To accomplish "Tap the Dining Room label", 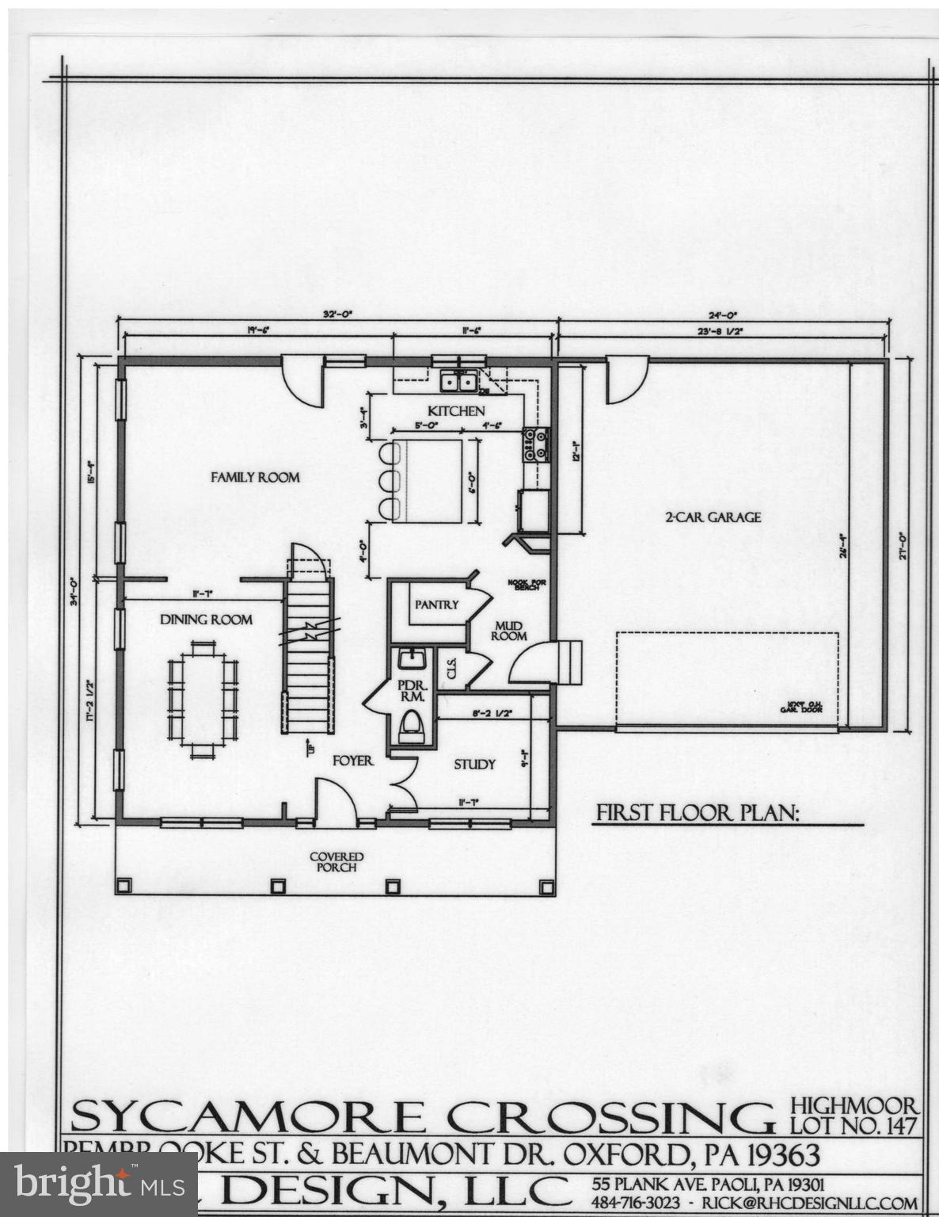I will pos(207,620).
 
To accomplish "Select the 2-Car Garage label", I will pos(713,517).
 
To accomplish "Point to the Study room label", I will pos(474,764).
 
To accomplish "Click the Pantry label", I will pos(436,605).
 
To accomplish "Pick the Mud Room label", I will pos(508,631).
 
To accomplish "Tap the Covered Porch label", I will pos(336,861).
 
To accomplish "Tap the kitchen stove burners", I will pos(536,444).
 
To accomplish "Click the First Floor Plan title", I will pos(698,813).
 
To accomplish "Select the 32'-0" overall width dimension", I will pos(337,315).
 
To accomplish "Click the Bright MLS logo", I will pos(98,1185).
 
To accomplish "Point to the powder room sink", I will pos(412,659).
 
